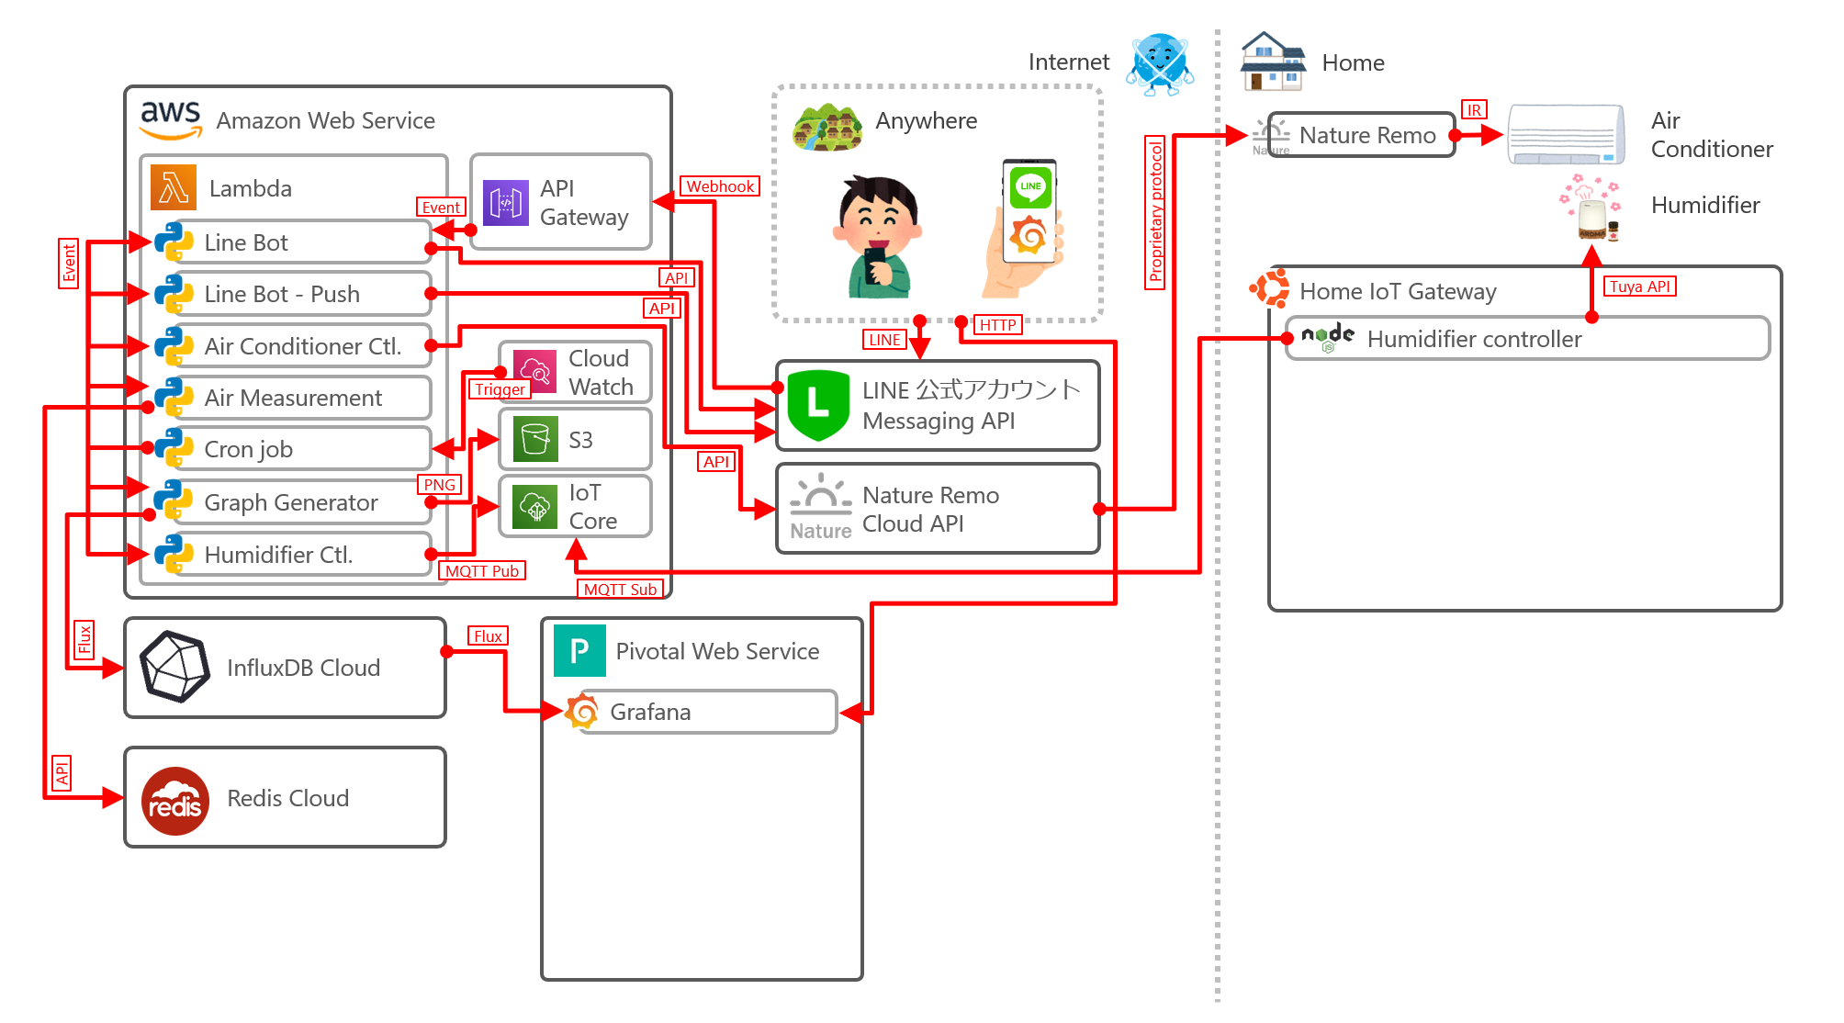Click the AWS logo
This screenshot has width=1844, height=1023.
tap(171, 120)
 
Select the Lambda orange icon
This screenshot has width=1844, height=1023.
tap(174, 187)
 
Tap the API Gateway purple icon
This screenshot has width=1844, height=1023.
tap(505, 203)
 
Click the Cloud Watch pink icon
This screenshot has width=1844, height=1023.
tap(534, 371)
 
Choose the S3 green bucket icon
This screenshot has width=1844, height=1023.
tap(534, 439)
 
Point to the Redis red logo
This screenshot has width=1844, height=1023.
tap(175, 801)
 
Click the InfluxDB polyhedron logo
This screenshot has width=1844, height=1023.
tap(174, 667)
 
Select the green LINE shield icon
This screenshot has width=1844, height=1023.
tap(817, 405)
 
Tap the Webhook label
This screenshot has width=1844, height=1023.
tap(720, 186)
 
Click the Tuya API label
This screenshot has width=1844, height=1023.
tap(1639, 287)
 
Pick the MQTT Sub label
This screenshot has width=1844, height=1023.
tap(620, 590)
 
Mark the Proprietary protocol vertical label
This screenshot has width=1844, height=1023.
tap(1155, 212)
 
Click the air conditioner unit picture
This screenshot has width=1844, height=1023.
tap(1566, 135)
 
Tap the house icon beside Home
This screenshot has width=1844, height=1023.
tap(1272, 62)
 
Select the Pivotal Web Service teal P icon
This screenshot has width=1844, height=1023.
tap(579, 650)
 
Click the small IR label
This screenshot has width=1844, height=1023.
tap(1473, 110)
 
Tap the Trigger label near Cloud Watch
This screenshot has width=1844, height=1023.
tap(500, 389)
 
